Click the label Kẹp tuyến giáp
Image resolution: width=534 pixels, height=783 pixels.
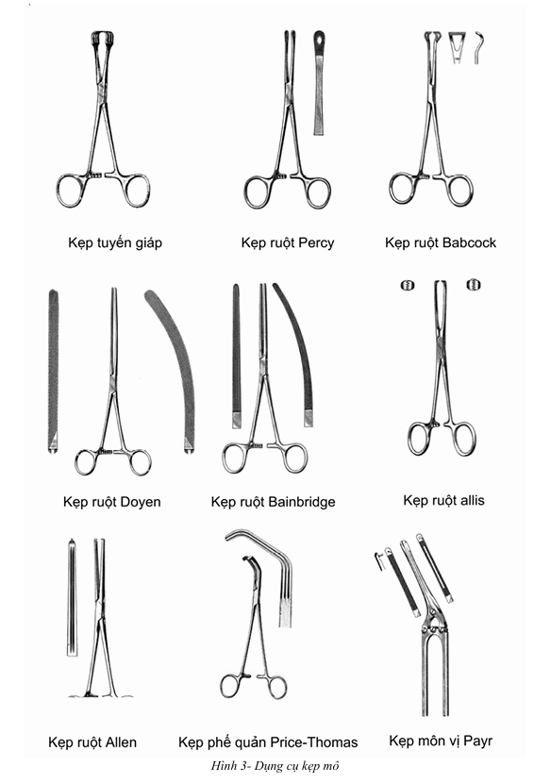coord(115,243)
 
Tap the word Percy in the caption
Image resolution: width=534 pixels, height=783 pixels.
coord(316,243)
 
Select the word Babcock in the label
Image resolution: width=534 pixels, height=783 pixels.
coord(469,242)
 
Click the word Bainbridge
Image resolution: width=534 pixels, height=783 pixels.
coord(301,501)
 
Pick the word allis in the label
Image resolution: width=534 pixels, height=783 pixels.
coord(472,500)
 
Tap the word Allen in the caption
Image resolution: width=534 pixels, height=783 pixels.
coord(120,742)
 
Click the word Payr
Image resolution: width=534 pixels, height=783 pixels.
coord(478,741)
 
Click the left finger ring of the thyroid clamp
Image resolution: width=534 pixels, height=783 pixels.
coord(71,191)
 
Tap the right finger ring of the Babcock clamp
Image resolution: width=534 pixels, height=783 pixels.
coord(459,190)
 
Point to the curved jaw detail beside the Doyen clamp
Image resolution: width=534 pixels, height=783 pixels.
coord(174,370)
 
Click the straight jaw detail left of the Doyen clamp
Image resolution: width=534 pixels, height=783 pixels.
coord(53,371)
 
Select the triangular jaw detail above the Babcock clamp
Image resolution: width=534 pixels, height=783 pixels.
coord(457,47)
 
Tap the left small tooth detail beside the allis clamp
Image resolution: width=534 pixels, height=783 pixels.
coord(408,286)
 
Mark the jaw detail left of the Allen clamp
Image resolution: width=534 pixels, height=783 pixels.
coord(73,597)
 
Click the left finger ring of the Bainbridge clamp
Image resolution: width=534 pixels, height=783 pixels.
coord(235,458)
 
